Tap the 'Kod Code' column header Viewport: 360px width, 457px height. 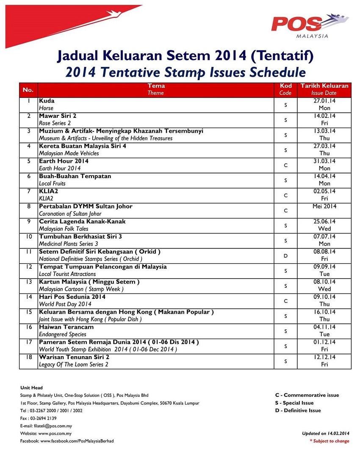[x=285, y=89]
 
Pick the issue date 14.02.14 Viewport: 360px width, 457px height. [x=324, y=116]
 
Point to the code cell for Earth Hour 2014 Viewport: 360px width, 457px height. [x=285, y=165]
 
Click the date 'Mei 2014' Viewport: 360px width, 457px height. [x=324, y=206]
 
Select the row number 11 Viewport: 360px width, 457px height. [x=28, y=252]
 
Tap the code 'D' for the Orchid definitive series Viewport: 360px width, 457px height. [x=285, y=256]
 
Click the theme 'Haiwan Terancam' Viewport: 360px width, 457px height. [x=66, y=327]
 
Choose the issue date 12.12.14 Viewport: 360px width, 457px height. [x=324, y=357]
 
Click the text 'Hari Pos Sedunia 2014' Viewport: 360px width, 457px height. [x=72, y=297]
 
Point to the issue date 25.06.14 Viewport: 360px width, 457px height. [x=324, y=222]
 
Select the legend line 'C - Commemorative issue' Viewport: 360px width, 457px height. [x=307, y=395]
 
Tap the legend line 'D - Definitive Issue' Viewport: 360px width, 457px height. [x=298, y=410]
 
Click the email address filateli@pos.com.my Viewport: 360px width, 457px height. [x=55, y=426]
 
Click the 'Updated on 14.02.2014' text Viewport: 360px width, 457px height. [x=325, y=433]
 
